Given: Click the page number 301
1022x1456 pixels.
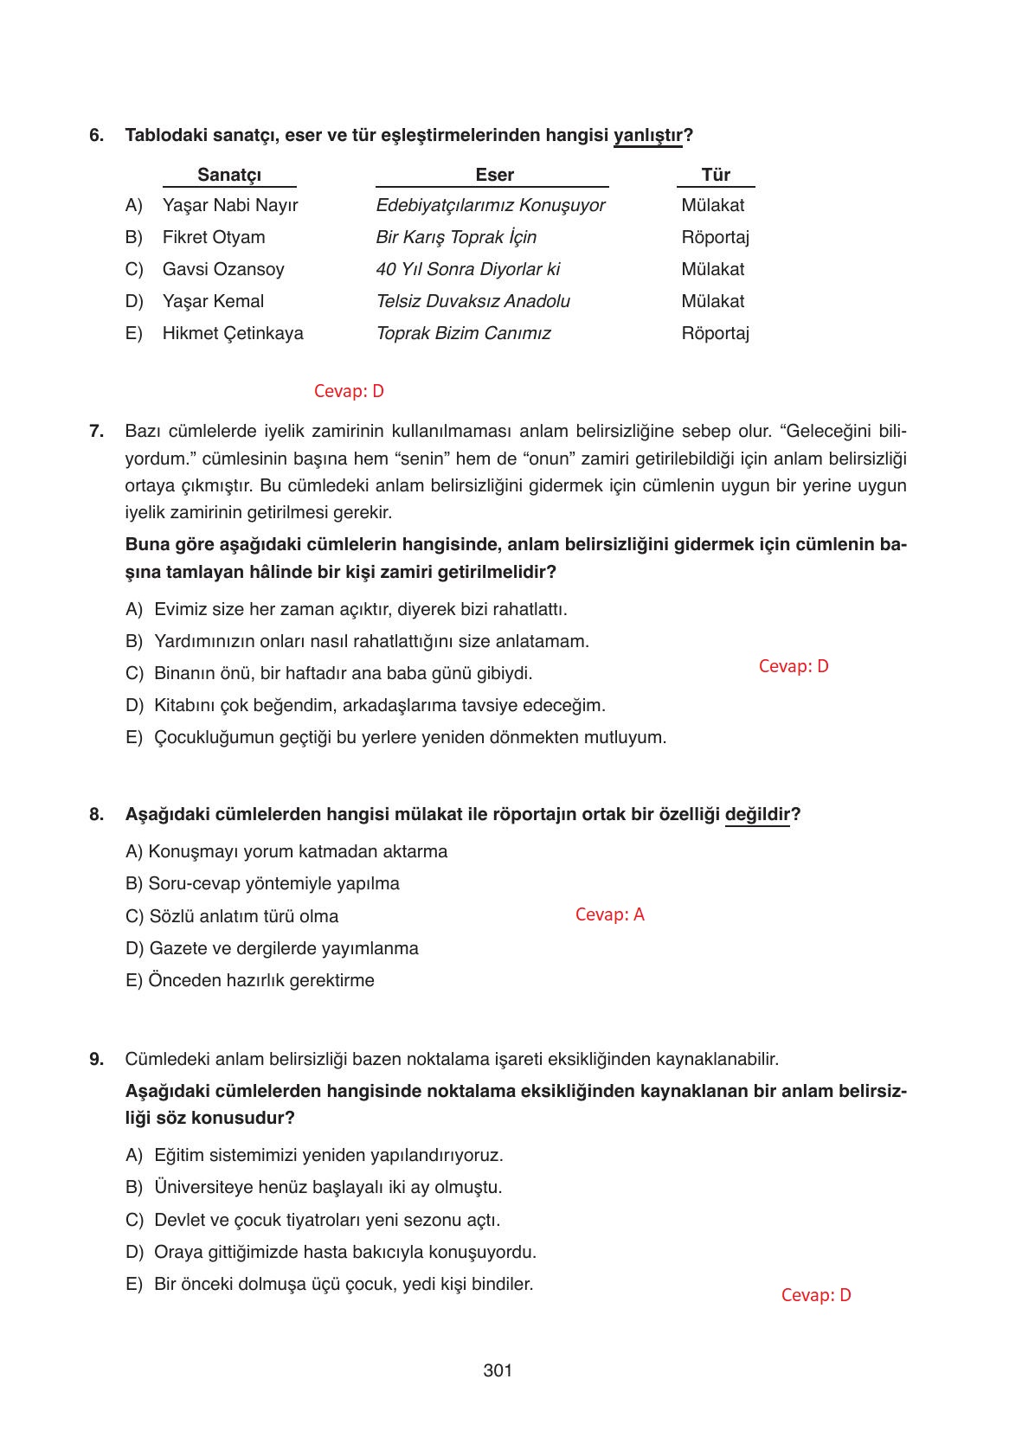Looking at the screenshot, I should point(498,1370).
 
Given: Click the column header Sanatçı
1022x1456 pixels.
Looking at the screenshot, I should point(229,175).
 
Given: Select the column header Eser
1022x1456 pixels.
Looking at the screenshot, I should point(494,175).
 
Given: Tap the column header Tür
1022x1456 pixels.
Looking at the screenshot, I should point(716,175).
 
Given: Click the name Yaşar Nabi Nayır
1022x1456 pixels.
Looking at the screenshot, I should point(230,206).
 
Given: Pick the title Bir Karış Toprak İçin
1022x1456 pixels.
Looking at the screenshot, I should point(456,237).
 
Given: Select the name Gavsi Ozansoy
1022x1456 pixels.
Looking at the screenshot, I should point(223,269).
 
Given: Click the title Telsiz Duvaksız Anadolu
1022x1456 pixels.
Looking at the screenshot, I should point(472,301).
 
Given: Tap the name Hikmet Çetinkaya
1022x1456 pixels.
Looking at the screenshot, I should point(233,333).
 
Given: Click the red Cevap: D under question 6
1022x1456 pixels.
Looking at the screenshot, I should point(349,391).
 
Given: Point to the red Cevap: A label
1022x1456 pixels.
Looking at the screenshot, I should point(609,914).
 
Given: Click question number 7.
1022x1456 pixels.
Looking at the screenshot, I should point(96,431).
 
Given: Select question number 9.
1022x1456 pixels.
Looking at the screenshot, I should point(96,1059).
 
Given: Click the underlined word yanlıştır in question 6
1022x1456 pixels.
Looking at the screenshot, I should point(647,136).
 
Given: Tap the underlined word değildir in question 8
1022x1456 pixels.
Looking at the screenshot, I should point(757,814).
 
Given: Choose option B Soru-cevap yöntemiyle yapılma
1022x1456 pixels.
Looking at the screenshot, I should point(263,883).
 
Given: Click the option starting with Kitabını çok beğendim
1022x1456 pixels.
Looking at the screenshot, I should point(379,705).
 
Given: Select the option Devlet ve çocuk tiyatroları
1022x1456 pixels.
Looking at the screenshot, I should point(326,1220).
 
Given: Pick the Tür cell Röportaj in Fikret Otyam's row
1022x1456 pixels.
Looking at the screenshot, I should point(715,237).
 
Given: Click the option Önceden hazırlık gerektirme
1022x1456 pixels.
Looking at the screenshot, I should point(250,980).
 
